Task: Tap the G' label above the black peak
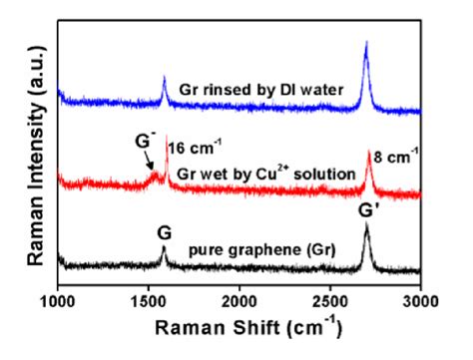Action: pos(372,210)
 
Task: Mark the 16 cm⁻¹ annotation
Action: pos(193,148)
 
